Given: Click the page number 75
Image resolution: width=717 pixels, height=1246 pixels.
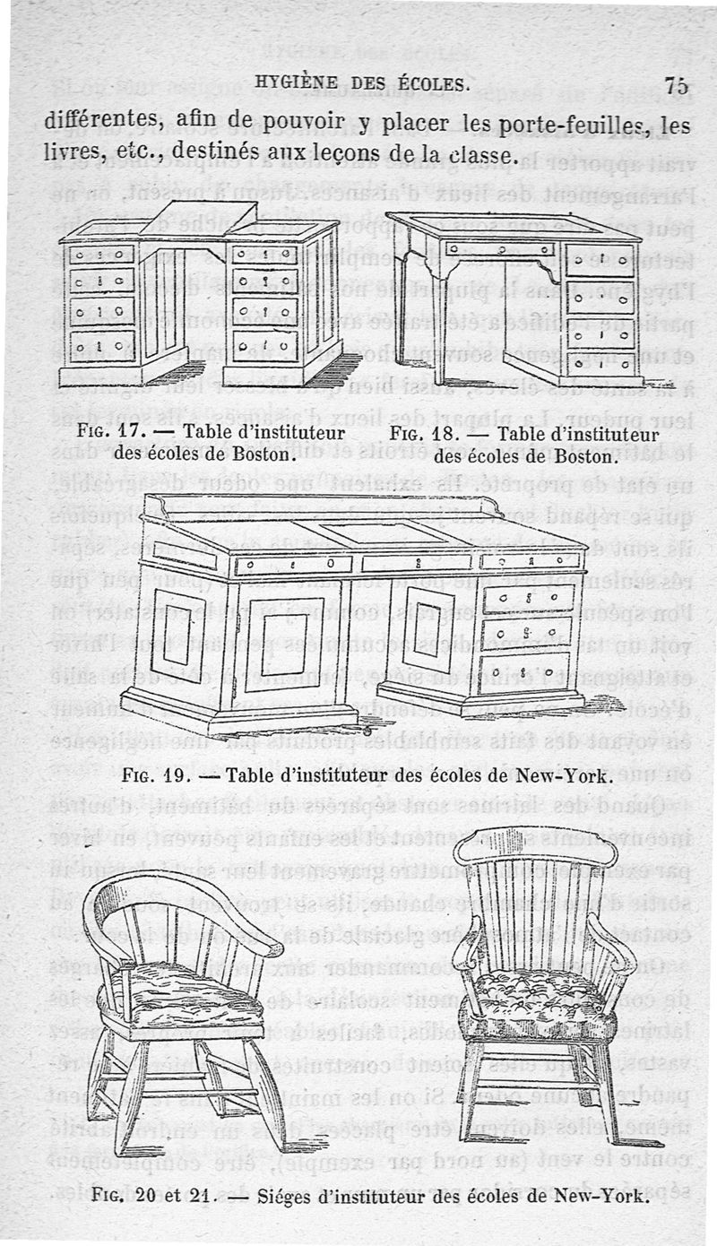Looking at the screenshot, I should (677, 86).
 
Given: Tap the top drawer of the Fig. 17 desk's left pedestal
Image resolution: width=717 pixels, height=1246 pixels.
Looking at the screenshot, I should (102, 256).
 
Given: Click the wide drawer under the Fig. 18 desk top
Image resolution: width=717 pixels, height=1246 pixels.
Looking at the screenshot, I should (500, 250).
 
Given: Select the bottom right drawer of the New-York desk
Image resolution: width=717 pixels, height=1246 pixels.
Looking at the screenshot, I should (524, 668).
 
